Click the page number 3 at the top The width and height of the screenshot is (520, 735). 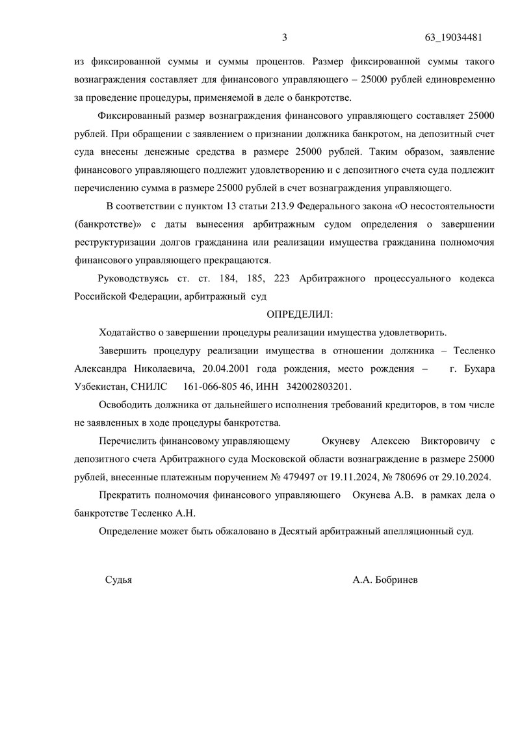point(284,37)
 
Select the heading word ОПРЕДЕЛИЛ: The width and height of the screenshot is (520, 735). point(300,315)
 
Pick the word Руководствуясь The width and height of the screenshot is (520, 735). point(133,279)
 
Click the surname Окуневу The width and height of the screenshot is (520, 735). point(344,440)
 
